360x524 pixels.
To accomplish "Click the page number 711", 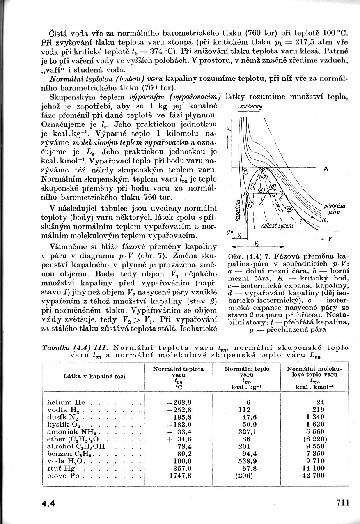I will point(342,503).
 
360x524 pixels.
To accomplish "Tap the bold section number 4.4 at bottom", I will point(48,503).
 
